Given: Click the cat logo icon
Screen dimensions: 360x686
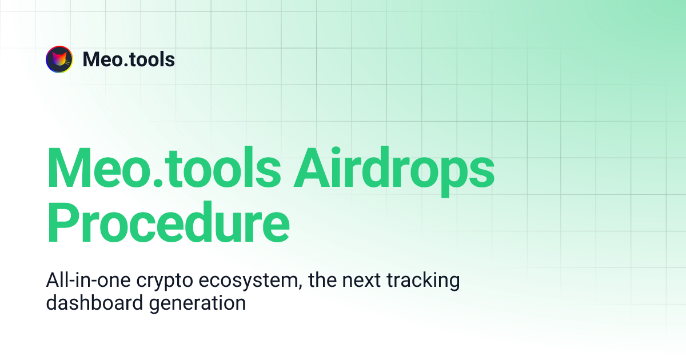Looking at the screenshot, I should (59, 59).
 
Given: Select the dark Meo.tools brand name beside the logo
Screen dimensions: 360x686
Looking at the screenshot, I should (129, 59).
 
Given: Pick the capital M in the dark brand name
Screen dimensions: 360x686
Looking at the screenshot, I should (91, 59).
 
